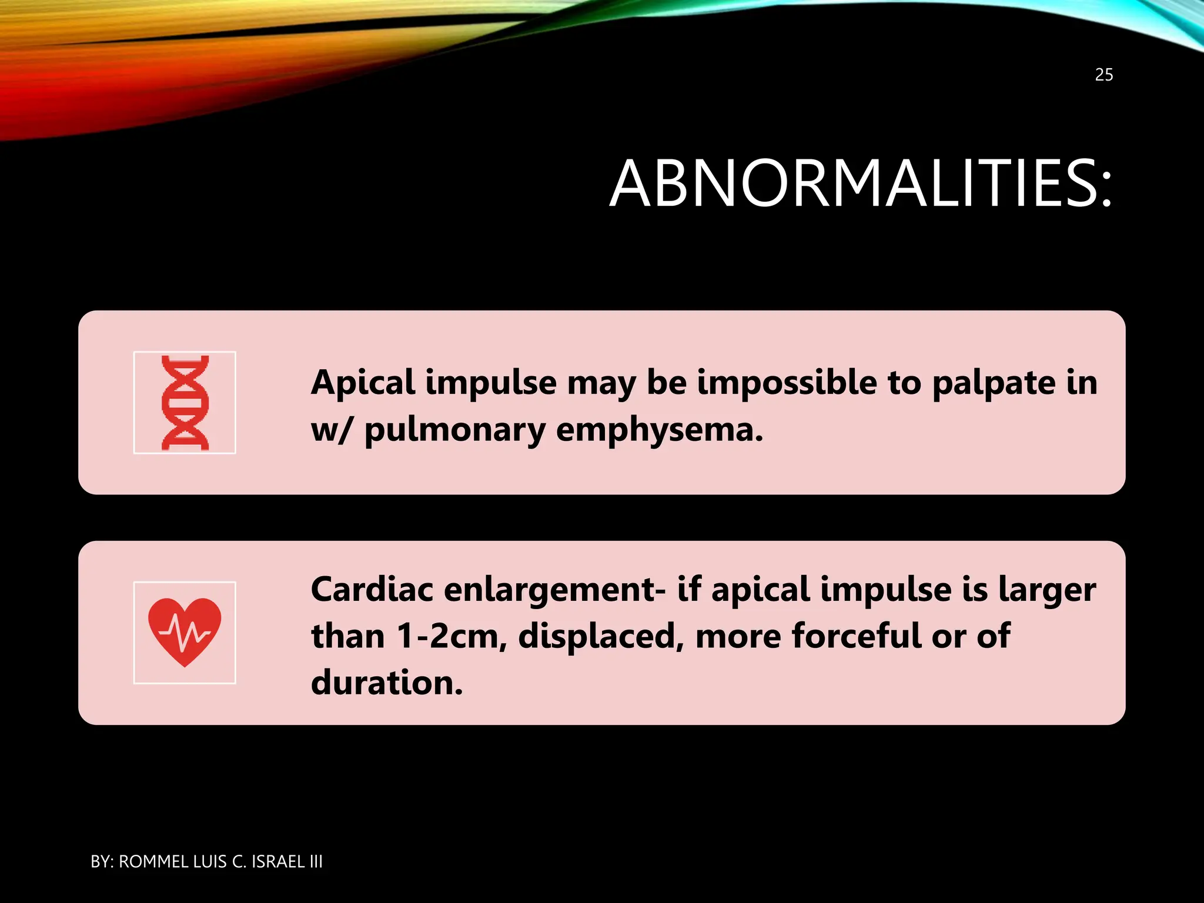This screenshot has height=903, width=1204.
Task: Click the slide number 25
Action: (1103, 75)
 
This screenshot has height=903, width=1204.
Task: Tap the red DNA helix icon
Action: (185, 403)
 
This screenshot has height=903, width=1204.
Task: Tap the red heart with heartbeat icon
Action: (185, 633)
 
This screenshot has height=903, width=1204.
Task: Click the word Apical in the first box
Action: (363, 383)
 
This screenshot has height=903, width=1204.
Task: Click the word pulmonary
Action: (454, 430)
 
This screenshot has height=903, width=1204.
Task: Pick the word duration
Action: (386, 683)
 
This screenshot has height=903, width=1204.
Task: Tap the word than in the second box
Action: (347, 637)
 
